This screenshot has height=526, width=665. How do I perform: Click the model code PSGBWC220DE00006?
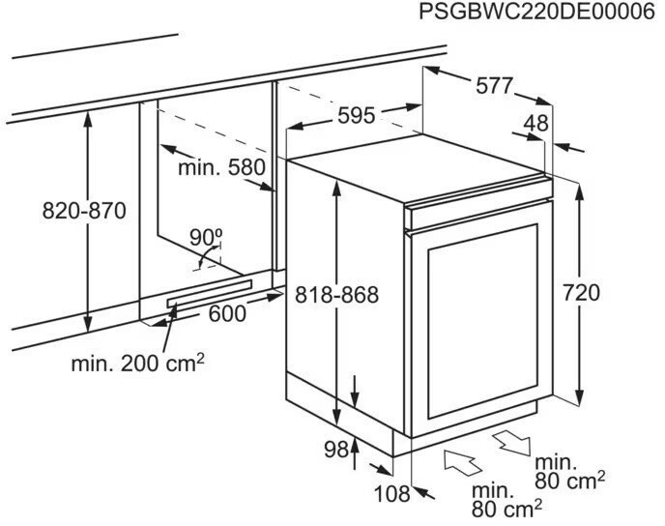point(531,13)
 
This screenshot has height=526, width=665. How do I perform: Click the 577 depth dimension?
point(494,85)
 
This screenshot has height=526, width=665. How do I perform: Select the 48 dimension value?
point(535,123)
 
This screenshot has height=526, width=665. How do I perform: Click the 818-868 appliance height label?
point(337,295)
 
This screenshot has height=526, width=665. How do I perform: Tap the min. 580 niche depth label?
point(220,167)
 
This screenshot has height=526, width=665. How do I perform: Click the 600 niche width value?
point(228,313)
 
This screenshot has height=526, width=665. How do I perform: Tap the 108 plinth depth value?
point(391,494)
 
